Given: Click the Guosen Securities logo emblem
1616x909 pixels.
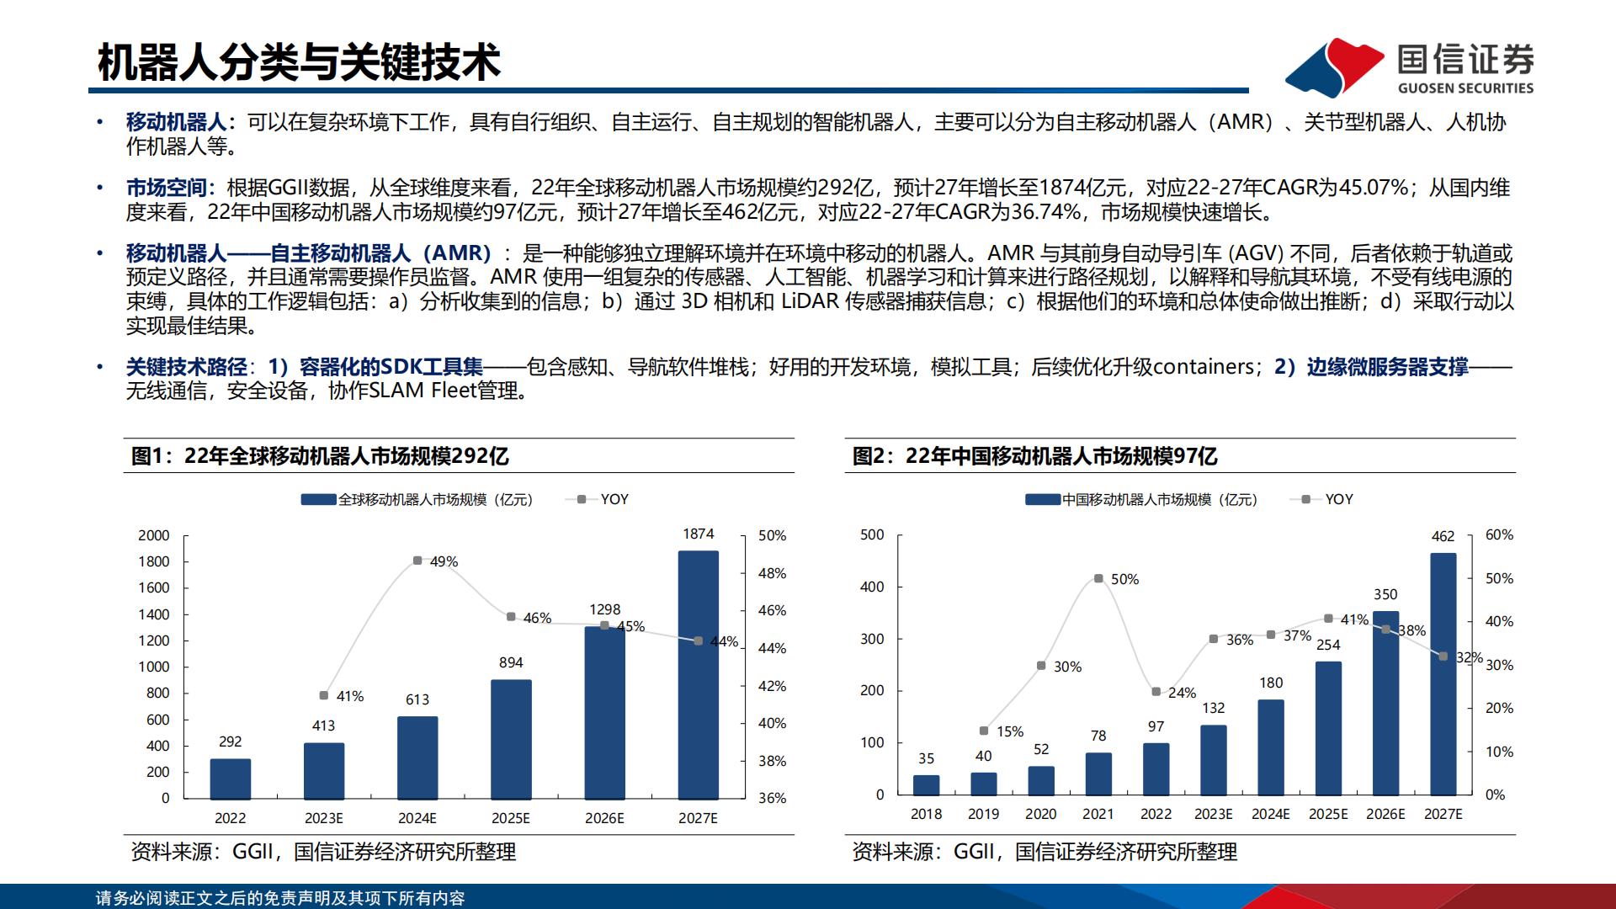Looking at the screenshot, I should pos(1334,67).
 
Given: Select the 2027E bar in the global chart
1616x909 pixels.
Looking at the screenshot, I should pos(698,674).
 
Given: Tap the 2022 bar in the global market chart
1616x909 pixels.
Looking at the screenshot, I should pos(230,779).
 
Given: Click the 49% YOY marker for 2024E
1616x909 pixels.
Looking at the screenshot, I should pos(417,561).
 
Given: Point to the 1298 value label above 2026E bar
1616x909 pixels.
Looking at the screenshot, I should pos(604,609).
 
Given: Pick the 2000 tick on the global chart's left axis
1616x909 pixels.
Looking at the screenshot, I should pos(154,535).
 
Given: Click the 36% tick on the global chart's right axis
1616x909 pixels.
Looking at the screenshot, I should pos(772,798).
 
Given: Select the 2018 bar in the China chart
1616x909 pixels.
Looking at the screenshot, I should pos(926,784).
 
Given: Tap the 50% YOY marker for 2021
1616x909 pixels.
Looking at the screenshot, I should pos(1098,579).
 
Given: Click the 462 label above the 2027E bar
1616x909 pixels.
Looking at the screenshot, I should pos(1443,536).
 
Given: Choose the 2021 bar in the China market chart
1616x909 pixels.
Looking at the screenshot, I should pos(1098,773).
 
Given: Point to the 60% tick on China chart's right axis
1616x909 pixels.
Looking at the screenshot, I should pos(1499,534).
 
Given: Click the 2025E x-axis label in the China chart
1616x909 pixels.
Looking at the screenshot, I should pos(1328,814).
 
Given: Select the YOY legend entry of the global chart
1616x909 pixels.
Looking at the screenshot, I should pos(604,499).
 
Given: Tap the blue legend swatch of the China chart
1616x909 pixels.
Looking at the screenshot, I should pos(1042,500).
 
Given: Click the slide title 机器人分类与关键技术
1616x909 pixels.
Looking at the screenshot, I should pos(299,62).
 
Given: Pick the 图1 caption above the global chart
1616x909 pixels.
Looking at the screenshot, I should pos(320,456).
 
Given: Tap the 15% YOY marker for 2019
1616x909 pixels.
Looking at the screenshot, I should pos(984,731).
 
